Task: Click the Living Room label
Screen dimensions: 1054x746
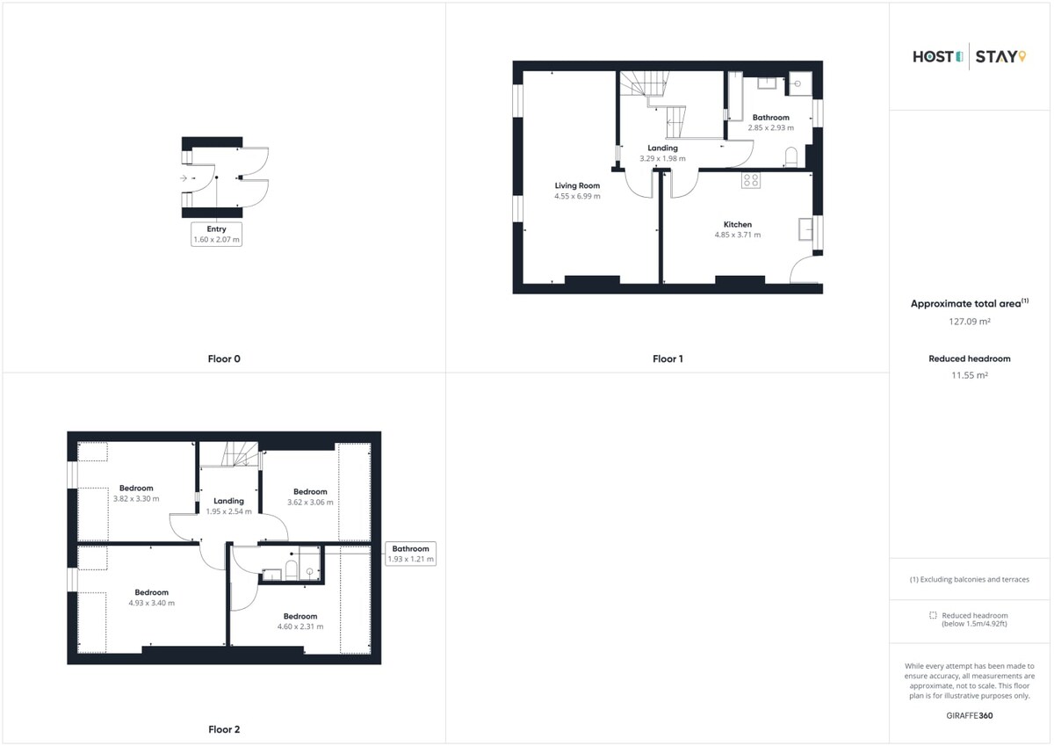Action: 577,185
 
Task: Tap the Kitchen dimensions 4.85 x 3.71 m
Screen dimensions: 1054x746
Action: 737,235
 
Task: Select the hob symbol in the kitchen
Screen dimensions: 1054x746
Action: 750,180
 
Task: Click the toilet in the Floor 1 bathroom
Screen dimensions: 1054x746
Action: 791,157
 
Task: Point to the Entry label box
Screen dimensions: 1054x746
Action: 216,234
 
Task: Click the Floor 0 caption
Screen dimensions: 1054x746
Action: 224,359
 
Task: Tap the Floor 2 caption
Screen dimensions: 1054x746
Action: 224,729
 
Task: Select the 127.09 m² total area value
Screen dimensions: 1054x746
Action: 970,322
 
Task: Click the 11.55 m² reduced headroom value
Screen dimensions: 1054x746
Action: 970,375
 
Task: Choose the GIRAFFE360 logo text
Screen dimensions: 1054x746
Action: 970,715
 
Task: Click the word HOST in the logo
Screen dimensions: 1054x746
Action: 933,57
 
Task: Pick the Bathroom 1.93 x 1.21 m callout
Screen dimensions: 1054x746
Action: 411,554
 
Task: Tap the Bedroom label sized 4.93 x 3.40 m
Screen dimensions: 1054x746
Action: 151,592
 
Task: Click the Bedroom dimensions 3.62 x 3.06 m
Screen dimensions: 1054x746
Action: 310,503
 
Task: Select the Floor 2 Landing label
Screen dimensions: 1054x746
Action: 228,501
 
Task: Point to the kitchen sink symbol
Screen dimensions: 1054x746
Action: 805,229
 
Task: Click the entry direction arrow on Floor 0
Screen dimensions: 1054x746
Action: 184,177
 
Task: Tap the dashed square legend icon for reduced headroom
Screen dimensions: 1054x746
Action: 933,615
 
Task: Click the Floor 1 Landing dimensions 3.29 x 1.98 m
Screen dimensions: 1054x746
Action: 662,159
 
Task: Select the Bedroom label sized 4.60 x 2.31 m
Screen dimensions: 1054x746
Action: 300,616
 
